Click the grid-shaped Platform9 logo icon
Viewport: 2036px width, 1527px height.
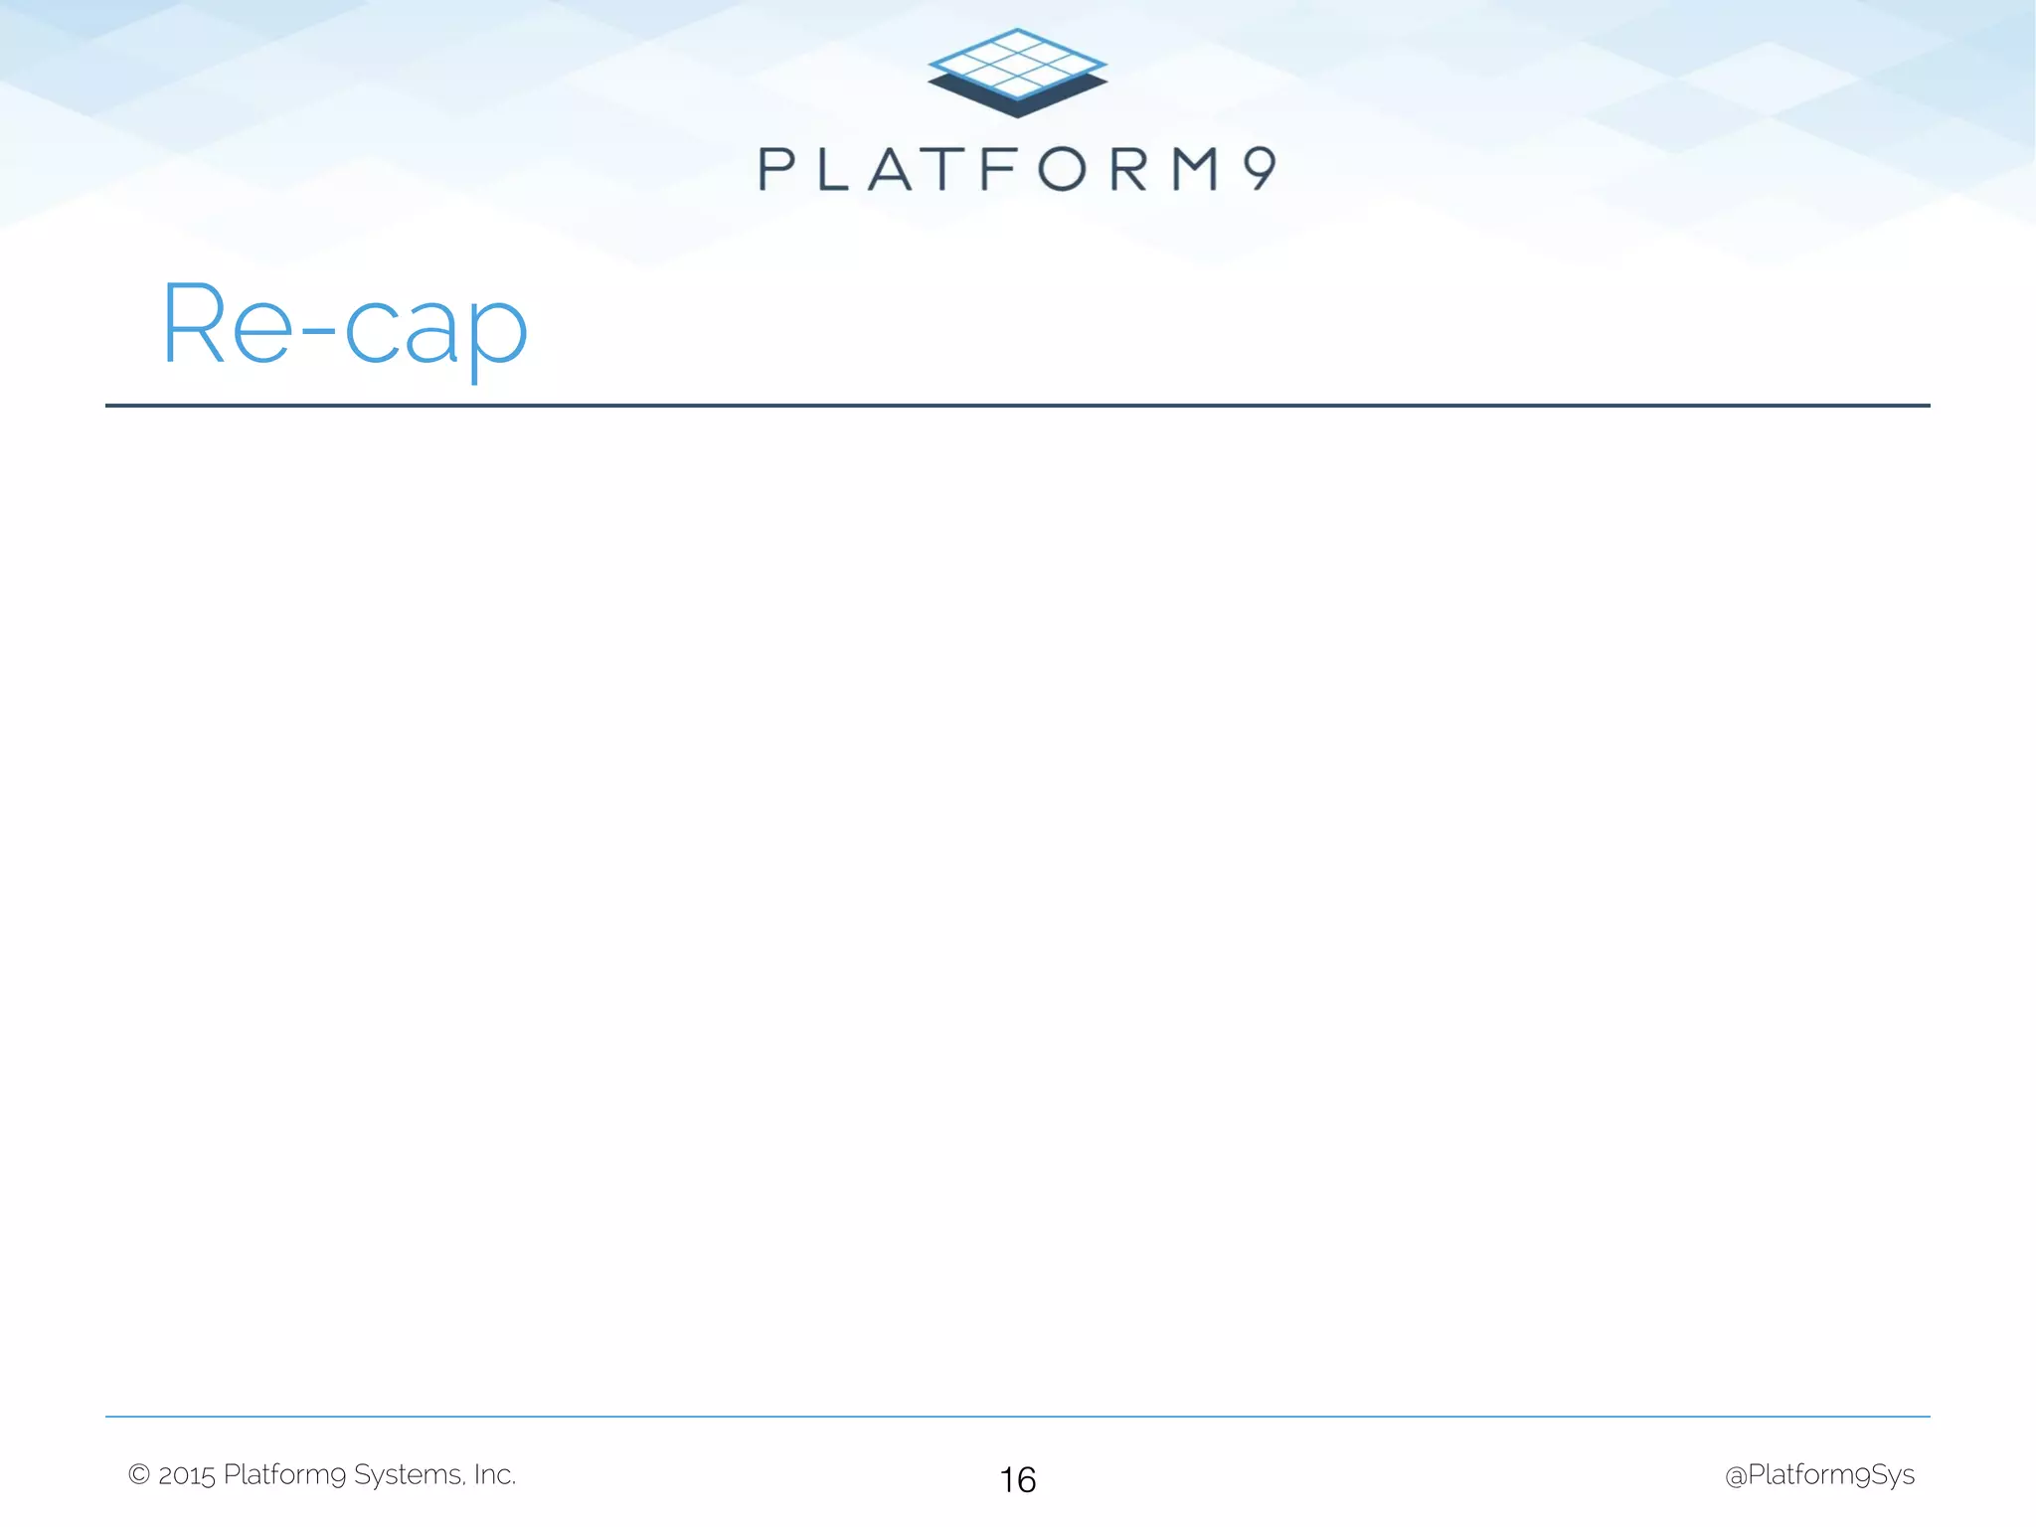tap(1017, 73)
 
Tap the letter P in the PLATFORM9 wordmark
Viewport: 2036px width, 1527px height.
tap(777, 169)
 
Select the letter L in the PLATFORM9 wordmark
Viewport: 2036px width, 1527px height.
tap(832, 169)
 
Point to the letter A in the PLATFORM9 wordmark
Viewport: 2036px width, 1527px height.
tap(891, 169)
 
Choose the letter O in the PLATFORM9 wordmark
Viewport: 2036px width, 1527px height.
tap(1063, 169)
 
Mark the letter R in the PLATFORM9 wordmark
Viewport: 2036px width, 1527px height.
tap(1129, 169)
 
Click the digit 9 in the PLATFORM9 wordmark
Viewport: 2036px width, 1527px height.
tap(1260, 168)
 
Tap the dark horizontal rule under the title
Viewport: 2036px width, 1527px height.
tap(1017, 406)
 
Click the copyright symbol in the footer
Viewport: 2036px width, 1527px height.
tap(139, 1474)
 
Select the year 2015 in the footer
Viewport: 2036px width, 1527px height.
tap(187, 1475)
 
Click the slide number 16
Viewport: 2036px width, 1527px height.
tap(1018, 1480)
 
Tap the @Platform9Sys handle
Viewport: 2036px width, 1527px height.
tap(1819, 1475)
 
